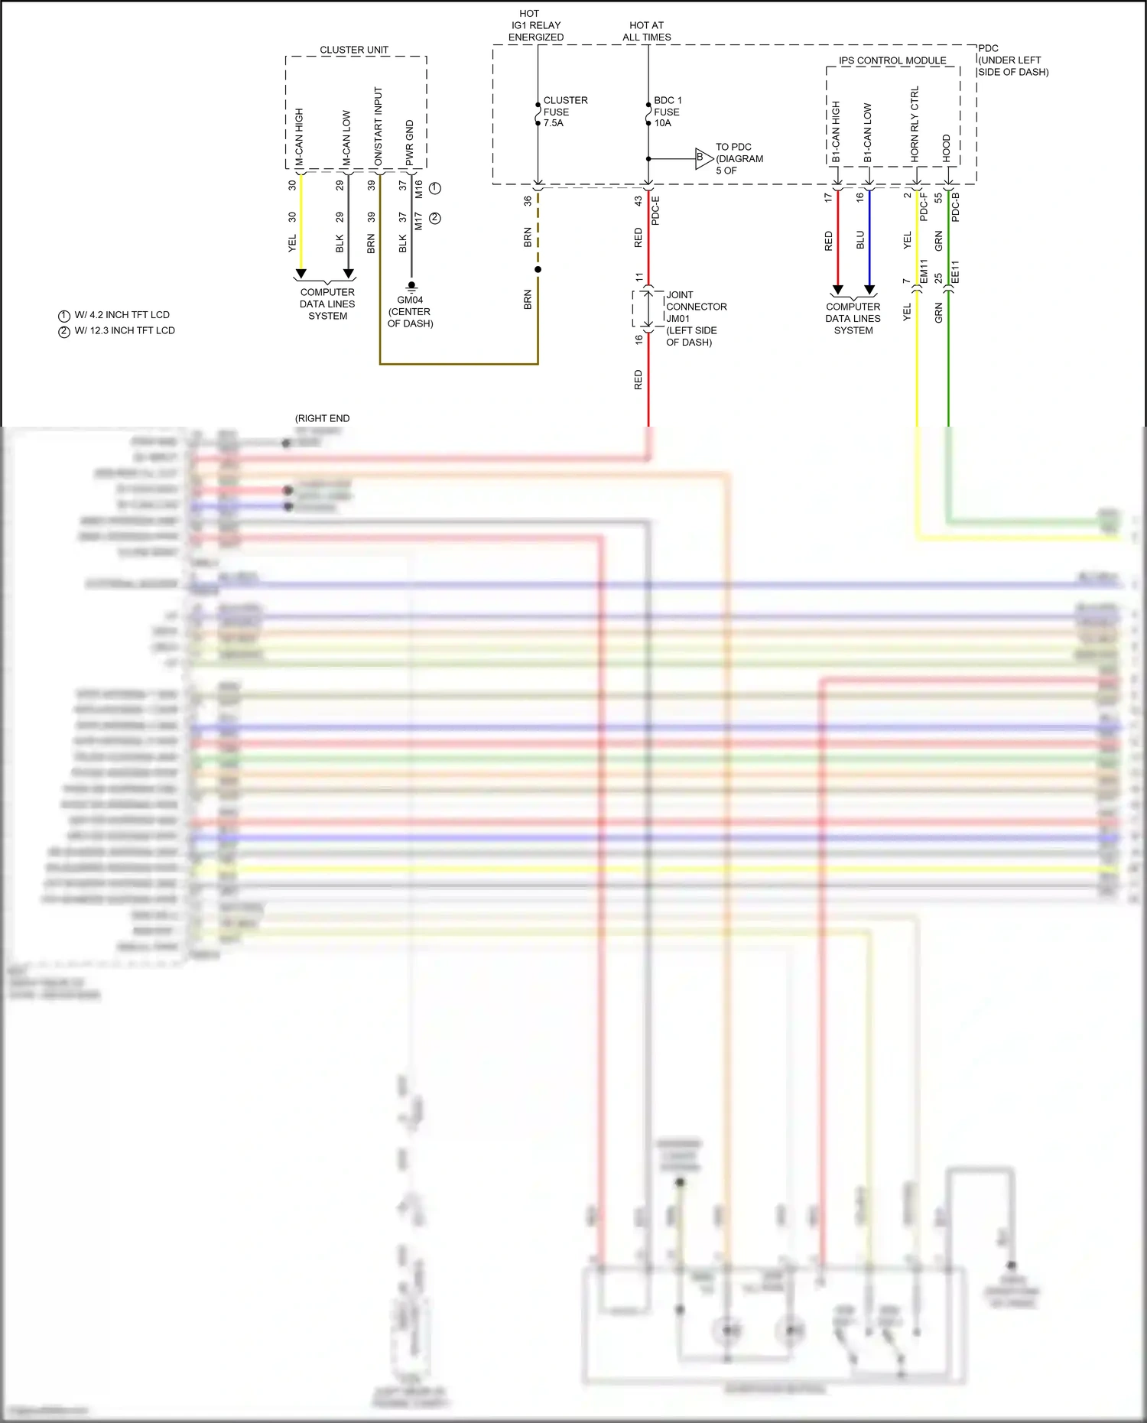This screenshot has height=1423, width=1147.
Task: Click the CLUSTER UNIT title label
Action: (353, 50)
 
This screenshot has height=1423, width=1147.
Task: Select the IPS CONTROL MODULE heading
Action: (892, 60)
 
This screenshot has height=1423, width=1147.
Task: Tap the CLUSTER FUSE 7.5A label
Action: (565, 112)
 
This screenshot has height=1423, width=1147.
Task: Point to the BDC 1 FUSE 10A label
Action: (667, 112)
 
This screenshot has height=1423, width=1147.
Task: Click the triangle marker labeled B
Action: (703, 158)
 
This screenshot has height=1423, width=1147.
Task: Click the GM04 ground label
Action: (410, 301)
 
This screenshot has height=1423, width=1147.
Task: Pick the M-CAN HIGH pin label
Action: (299, 138)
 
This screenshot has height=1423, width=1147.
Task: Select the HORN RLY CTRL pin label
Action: (915, 124)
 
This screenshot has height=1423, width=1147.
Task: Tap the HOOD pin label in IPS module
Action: (946, 148)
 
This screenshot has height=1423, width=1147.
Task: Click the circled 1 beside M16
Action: (435, 188)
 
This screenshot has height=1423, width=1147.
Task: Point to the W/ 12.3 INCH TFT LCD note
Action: (124, 330)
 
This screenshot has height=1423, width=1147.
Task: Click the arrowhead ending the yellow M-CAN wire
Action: (301, 274)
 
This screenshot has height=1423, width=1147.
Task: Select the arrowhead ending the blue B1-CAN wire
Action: (869, 290)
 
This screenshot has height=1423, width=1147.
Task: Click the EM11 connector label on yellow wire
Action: (923, 272)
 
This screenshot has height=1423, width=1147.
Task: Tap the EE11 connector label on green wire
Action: (955, 272)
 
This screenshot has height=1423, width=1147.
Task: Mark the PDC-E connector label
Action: (655, 210)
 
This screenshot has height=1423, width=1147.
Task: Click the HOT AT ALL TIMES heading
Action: (646, 31)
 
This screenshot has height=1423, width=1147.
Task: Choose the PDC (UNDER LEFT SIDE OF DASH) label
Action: (1012, 60)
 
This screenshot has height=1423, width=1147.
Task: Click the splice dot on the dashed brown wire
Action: (538, 269)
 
